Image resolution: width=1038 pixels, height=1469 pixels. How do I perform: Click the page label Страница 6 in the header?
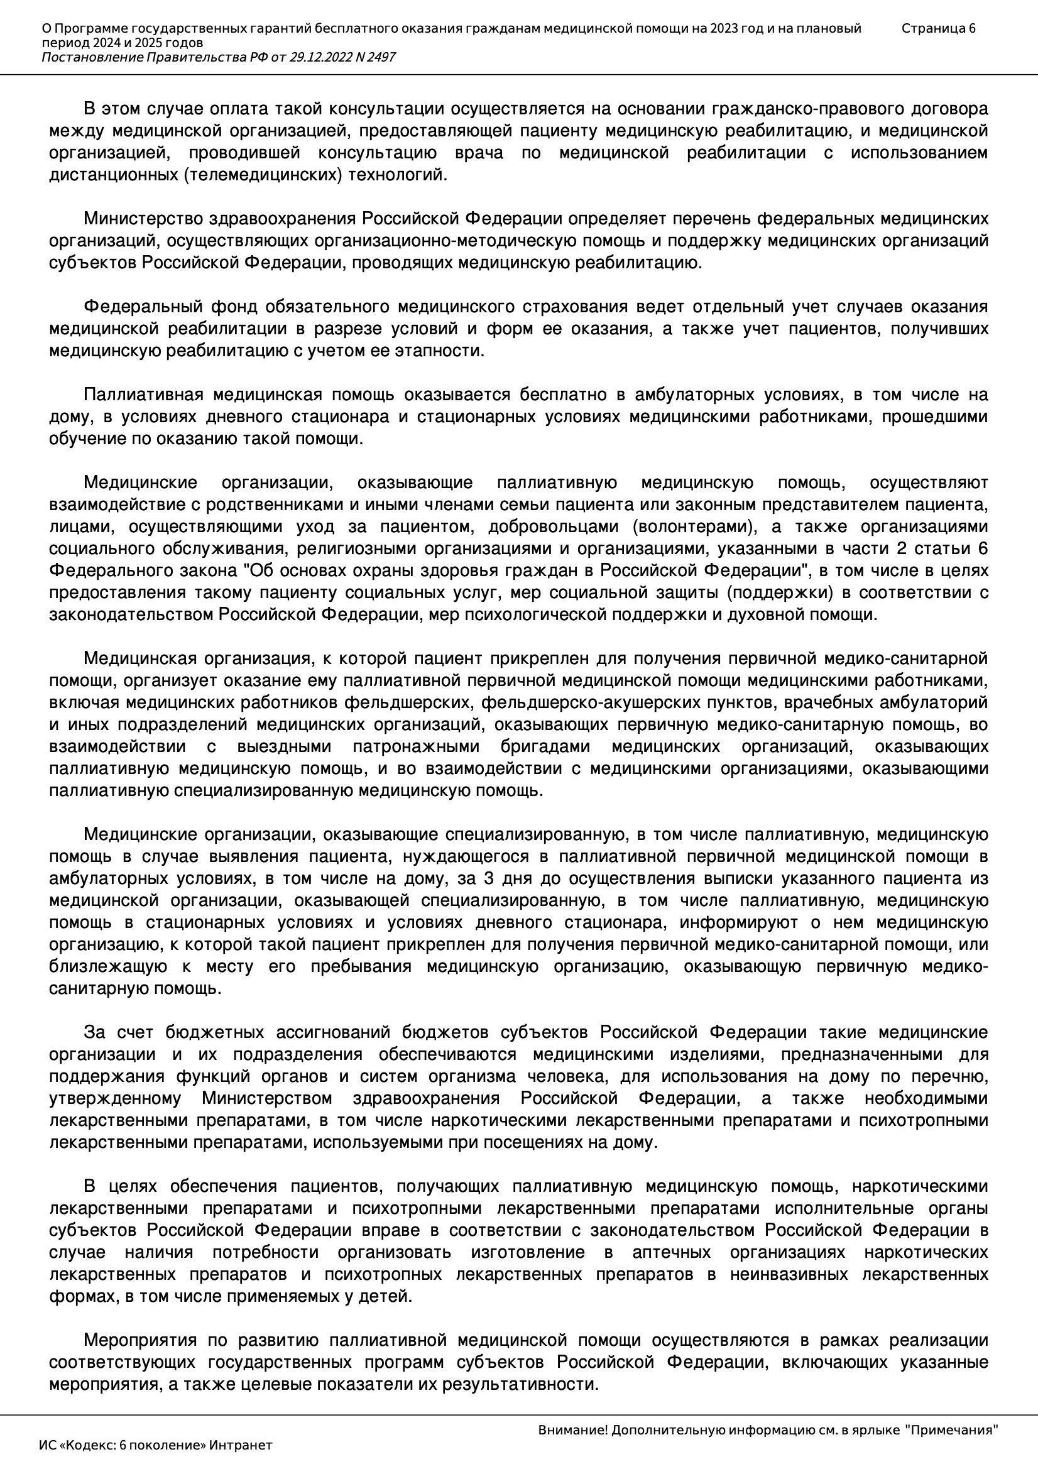938,28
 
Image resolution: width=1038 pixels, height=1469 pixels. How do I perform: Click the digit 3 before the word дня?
488,878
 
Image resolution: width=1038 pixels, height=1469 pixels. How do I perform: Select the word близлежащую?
108,966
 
